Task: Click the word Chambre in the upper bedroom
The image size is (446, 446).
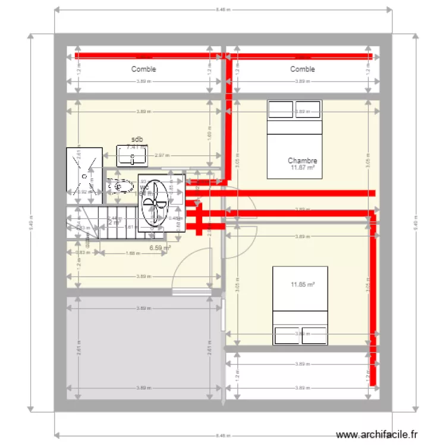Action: [x=302, y=161]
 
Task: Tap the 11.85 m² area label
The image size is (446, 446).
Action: [x=302, y=284]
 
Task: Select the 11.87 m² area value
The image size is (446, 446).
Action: [x=302, y=168]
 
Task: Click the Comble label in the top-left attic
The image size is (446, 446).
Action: [x=143, y=70]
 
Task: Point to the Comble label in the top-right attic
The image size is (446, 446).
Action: [x=302, y=70]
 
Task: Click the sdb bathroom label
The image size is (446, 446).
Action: [x=137, y=140]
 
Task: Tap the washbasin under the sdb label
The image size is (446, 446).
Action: [x=132, y=156]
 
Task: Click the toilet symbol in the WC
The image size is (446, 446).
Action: [x=120, y=186]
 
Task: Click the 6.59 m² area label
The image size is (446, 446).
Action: [x=159, y=248]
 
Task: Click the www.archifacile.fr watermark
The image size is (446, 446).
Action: [x=377, y=435]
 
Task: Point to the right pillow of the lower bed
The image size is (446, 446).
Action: [x=314, y=335]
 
